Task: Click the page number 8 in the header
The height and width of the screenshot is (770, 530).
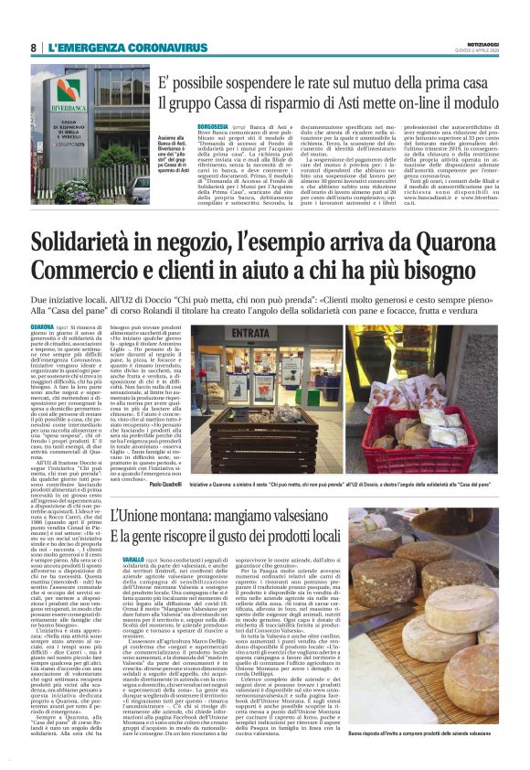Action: click(x=34, y=47)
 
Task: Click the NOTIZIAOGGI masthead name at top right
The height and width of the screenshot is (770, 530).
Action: click(x=482, y=43)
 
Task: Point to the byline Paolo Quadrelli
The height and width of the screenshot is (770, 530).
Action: click(x=168, y=486)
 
